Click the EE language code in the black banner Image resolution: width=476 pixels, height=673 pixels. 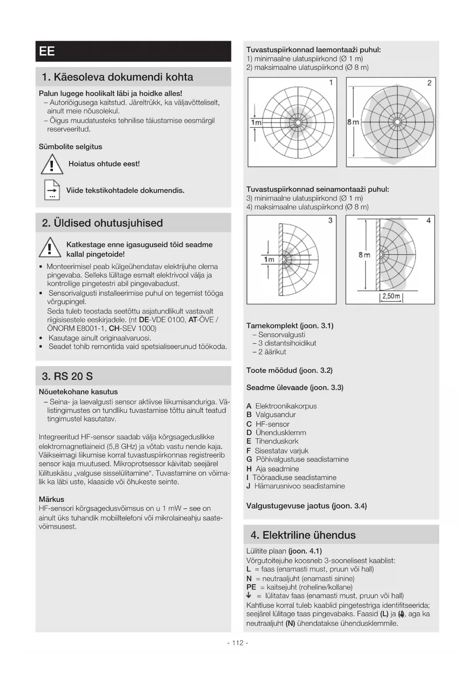pos(47,51)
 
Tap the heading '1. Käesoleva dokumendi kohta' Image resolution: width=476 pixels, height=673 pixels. pos(117,77)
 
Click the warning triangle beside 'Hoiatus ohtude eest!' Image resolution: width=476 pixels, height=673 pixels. pos(52,164)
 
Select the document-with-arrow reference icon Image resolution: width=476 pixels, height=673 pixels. pos(52,190)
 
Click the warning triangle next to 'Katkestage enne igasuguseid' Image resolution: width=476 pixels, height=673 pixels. pos(50,248)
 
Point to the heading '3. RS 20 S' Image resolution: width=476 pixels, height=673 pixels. pos(68,376)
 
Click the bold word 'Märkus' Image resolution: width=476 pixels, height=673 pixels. pos(51,499)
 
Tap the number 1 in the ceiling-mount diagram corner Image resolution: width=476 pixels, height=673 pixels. pos(331,82)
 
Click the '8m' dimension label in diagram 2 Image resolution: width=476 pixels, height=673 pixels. pos(353,122)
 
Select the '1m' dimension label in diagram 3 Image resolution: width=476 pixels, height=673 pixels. pos(269,260)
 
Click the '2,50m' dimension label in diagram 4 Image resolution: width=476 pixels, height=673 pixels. pos(391,296)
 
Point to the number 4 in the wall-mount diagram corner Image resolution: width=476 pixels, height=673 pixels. pos(428,220)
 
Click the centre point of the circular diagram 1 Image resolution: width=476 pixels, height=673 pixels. pos(298,122)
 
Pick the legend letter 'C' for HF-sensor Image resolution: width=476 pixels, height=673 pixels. pos(249,424)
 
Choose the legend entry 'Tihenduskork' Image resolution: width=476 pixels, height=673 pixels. pos(277,441)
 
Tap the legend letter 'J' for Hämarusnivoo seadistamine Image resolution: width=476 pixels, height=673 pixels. pos(248,486)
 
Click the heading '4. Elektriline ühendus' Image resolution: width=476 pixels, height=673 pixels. pos(303,535)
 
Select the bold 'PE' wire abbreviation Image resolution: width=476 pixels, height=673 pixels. pos(251,587)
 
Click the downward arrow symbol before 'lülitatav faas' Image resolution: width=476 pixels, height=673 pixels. pos(249,595)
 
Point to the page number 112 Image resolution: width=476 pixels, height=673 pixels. pos(238,643)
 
